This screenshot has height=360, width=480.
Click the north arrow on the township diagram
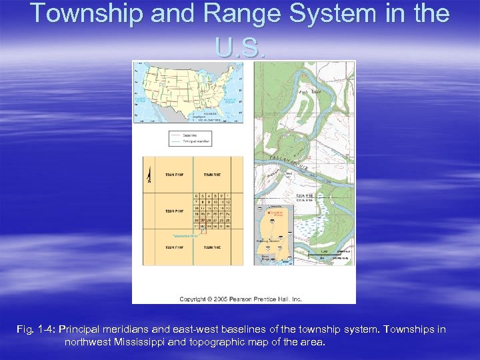[x=150, y=175]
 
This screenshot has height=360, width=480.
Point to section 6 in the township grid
[x=197, y=195]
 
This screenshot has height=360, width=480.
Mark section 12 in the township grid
[x=228, y=201]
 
